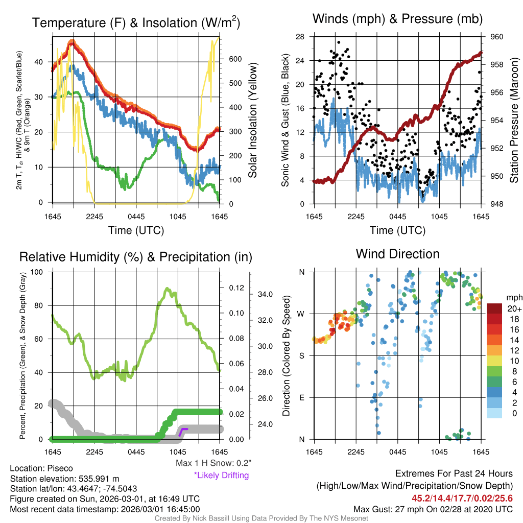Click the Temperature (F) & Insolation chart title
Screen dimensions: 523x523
(136, 22)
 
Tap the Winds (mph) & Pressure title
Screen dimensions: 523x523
(398, 19)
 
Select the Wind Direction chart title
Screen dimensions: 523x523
(397, 254)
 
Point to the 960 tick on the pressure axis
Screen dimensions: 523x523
(496, 37)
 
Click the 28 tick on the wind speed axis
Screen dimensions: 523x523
(300, 37)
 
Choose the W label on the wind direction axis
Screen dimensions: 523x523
(302, 314)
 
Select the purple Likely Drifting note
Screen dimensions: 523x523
(221, 475)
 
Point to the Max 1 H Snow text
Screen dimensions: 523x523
(211, 463)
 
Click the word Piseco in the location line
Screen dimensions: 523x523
(60, 468)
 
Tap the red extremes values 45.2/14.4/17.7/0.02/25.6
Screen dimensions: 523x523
(462, 498)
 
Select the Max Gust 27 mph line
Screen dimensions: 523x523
(433, 509)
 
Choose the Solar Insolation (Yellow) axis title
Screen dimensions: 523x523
(252, 121)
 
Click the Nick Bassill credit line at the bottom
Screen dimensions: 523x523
(261, 518)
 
